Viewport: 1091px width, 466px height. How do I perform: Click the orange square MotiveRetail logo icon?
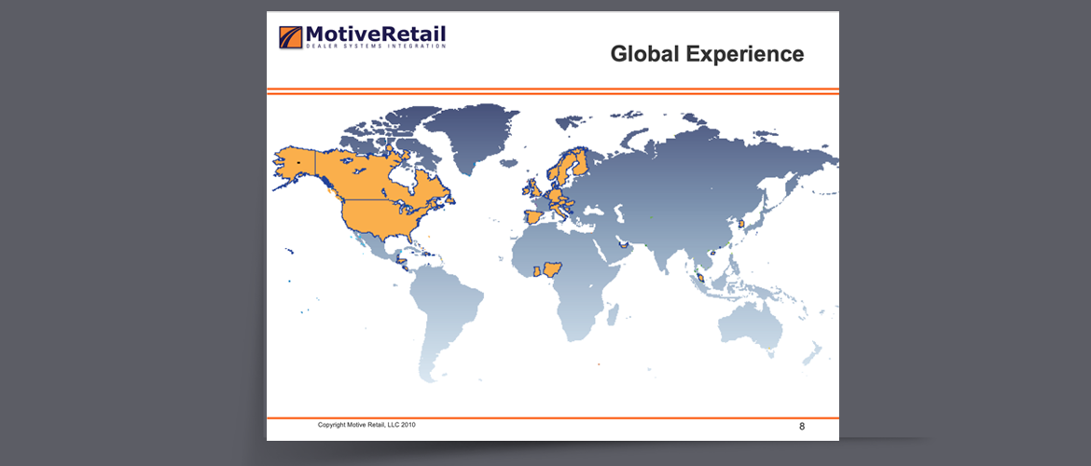(x=291, y=37)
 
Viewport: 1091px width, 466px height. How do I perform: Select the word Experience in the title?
(x=745, y=55)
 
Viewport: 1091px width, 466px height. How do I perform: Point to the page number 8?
(x=802, y=426)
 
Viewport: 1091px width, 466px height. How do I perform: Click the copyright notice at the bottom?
(x=366, y=424)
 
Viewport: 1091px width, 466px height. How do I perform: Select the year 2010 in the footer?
(x=408, y=424)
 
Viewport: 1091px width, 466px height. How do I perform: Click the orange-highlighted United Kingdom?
(x=533, y=187)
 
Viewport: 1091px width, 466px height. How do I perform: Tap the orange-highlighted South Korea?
(x=742, y=224)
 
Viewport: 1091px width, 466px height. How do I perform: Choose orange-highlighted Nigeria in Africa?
(x=552, y=268)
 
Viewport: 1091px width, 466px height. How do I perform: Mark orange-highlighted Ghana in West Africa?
(x=536, y=270)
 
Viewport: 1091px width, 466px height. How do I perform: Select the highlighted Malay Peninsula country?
(x=700, y=278)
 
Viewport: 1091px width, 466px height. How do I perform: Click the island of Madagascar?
(x=613, y=314)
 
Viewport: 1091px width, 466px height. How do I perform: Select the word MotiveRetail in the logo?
(x=376, y=34)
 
